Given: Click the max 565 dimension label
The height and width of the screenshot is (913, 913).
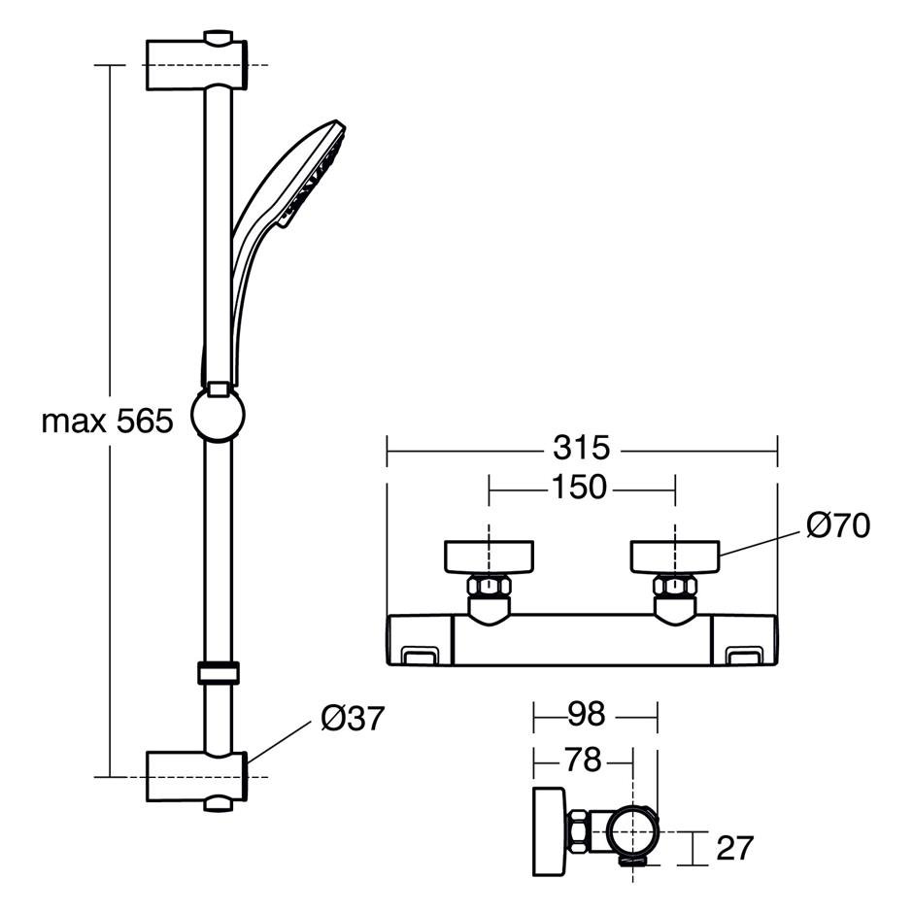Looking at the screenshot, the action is click(x=108, y=421).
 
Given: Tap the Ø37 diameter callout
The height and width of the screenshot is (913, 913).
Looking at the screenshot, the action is click(x=353, y=718).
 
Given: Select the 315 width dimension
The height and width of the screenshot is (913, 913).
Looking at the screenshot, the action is click(x=581, y=449).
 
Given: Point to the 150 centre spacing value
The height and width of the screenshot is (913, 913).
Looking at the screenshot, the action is click(x=579, y=487).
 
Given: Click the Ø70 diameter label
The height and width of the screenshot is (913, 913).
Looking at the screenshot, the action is click(x=838, y=525).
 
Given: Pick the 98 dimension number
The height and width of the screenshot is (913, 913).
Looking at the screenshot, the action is click(x=587, y=714).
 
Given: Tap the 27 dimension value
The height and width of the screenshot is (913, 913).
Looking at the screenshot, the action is click(x=735, y=848).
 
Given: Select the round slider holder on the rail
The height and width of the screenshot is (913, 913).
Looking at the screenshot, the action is click(x=218, y=414).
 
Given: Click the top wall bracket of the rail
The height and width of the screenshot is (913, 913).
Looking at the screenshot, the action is click(x=196, y=64).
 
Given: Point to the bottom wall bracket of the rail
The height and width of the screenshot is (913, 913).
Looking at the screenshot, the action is click(x=196, y=777).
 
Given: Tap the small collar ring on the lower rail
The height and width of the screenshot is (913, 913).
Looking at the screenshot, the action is click(x=219, y=672).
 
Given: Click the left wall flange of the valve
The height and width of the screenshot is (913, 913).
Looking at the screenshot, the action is click(x=490, y=557).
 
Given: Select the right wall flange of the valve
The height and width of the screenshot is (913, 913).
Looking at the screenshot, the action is click(x=675, y=557).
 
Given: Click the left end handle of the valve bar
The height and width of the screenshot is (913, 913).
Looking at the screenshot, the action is click(x=421, y=639).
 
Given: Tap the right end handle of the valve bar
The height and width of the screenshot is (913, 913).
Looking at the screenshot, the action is click(x=745, y=639).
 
